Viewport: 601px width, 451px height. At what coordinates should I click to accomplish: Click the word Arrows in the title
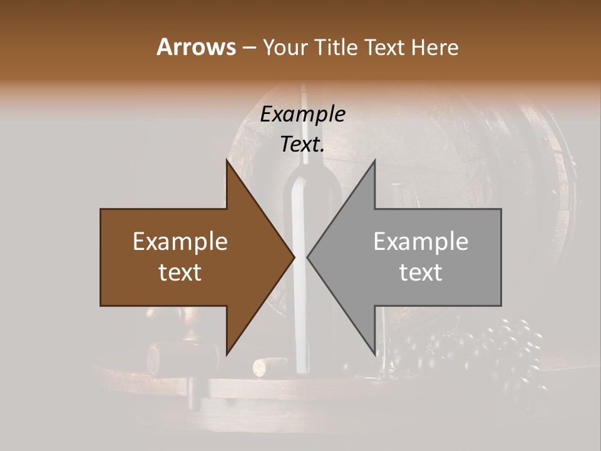(x=195, y=47)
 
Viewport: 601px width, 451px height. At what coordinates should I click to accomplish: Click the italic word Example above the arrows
(x=302, y=114)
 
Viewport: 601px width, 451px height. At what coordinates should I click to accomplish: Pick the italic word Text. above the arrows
(x=302, y=144)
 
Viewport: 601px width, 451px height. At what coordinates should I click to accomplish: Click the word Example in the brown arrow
(x=180, y=242)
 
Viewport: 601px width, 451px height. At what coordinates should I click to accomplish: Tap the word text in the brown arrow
(x=180, y=272)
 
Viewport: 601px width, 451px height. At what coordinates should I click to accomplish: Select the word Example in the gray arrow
(x=421, y=242)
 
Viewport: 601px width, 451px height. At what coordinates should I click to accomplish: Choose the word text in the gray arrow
(x=421, y=272)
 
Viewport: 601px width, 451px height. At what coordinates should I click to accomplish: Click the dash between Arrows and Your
(x=249, y=48)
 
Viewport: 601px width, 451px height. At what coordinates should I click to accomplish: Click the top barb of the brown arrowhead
(x=227, y=163)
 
